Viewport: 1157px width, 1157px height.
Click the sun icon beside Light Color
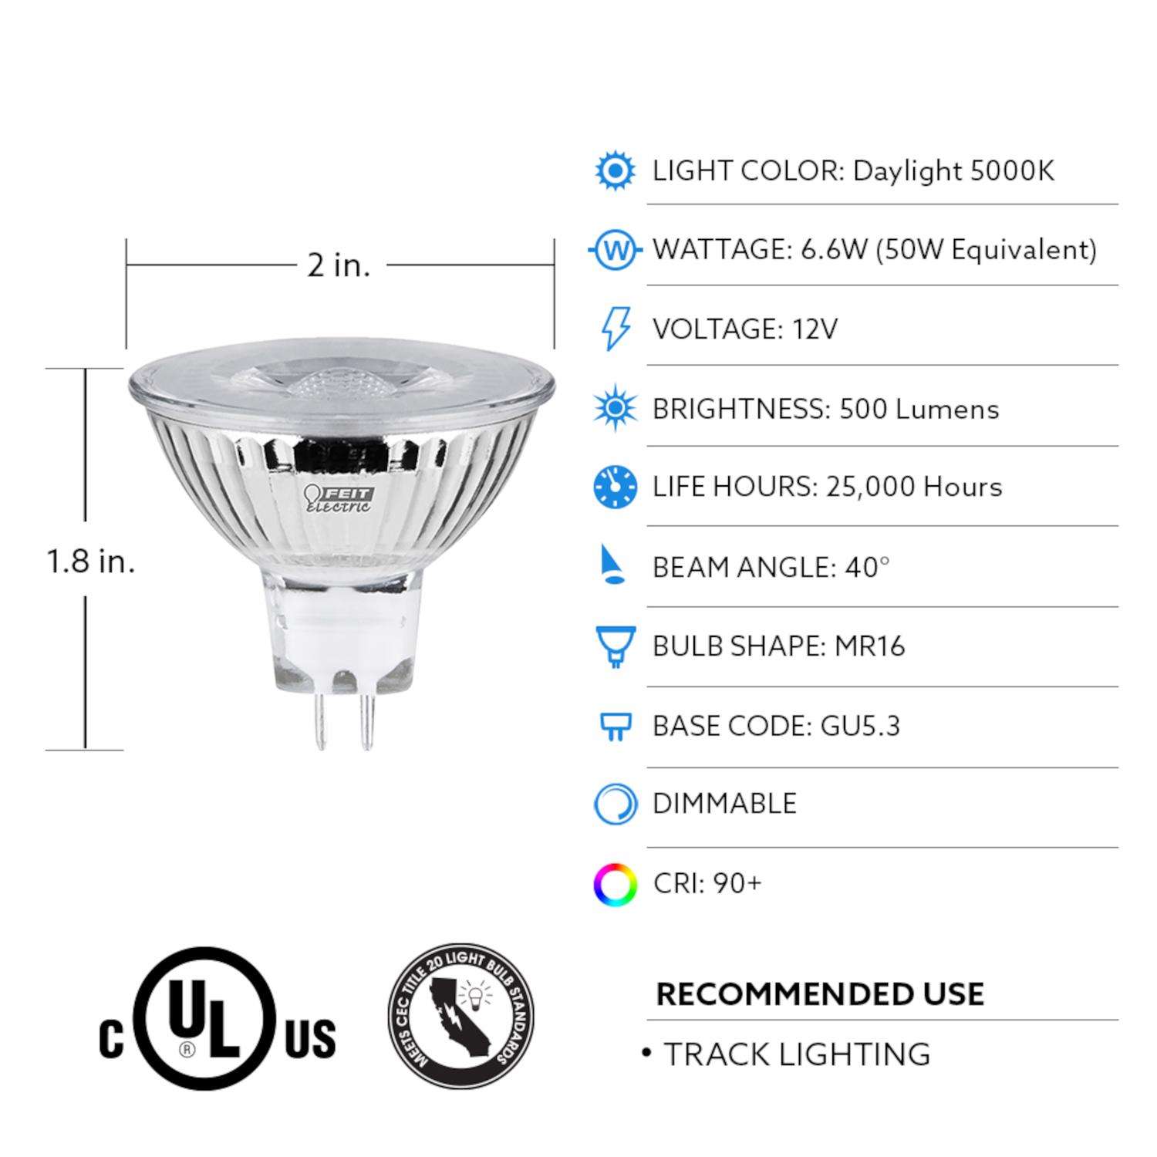(615, 170)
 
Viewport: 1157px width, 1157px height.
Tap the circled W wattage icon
(615, 250)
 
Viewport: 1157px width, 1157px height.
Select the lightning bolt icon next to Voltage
(615, 329)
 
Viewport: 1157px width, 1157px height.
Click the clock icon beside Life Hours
(615, 487)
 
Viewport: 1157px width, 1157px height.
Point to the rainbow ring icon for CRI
(615, 884)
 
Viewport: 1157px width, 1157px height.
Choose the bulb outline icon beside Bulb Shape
(615, 646)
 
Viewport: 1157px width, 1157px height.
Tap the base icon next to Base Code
(615, 727)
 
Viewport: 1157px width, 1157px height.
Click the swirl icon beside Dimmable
(615, 805)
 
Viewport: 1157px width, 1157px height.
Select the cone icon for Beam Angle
(614, 566)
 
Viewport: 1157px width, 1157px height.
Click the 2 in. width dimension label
(339, 265)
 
